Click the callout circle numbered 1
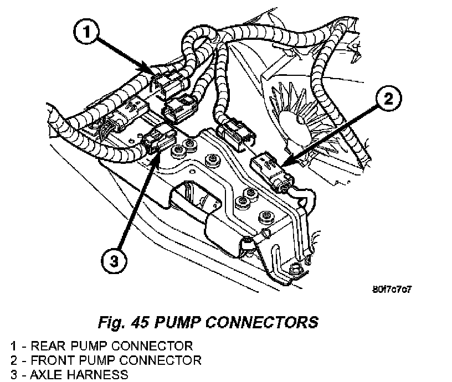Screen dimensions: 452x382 [86, 32]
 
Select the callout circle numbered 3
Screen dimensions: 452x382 [114, 261]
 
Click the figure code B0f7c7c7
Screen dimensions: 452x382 [392, 289]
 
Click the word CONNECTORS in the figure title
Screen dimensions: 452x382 [262, 322]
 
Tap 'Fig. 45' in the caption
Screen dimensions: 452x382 [124, 322]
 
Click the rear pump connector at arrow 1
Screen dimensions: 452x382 [169, 84]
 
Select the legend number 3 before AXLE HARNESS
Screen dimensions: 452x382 [14, 375]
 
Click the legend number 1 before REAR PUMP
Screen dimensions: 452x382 [14, 346]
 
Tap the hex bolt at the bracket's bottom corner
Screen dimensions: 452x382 [295, 270]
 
